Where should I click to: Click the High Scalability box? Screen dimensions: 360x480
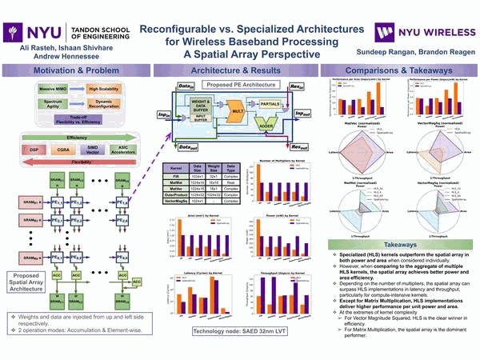tap(104, 89)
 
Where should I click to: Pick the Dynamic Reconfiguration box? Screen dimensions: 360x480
tap(104, 104)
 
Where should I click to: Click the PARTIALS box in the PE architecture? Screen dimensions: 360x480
tap(270, 102)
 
